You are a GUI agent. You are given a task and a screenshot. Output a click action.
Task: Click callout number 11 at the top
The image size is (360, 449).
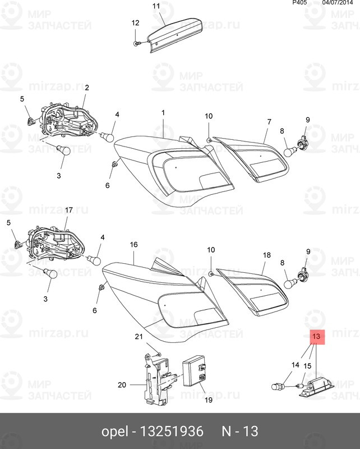[156, 6]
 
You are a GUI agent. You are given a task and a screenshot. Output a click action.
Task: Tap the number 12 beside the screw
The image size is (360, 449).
[135, 23]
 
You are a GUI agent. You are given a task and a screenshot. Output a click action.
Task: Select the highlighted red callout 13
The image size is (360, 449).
[316, 336]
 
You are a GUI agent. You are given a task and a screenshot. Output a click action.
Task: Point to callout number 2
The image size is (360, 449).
[87, 88]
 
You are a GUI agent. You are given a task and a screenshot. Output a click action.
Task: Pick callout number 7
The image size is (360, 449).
[269, 122]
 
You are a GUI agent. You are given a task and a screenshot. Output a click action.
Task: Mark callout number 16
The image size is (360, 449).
[133, 245]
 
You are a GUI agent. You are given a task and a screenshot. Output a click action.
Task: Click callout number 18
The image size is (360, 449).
[267, 255]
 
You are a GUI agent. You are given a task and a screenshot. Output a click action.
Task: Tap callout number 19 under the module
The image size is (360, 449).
[207, 400]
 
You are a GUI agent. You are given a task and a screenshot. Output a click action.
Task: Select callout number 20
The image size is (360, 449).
[123, 385]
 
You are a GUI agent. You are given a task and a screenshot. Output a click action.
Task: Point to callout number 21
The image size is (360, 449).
[139, 336]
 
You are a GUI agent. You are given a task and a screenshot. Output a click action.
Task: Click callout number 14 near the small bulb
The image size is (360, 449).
[296, 365]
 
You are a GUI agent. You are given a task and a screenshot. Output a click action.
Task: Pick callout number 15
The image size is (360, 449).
[307, 366]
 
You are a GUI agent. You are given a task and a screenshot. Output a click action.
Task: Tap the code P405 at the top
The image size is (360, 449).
[300, 3]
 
